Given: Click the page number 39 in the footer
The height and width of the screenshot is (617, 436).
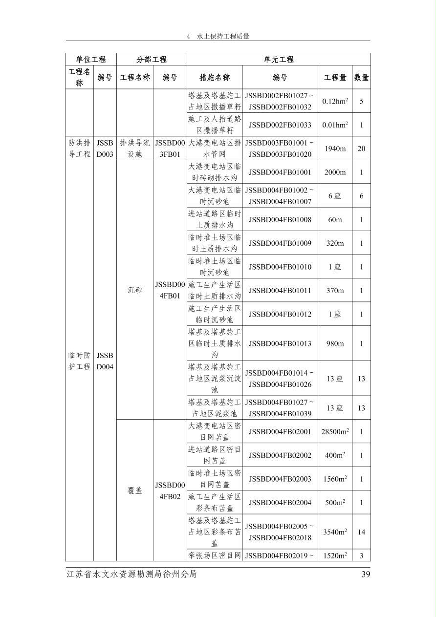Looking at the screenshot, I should coord(366,574).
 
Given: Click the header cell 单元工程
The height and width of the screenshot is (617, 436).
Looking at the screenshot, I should coord(279,59).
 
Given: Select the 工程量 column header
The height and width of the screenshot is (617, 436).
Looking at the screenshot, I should coord(335,77).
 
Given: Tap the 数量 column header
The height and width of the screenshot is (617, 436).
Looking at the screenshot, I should coord(361,77).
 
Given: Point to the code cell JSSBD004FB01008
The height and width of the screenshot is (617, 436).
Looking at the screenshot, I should coord(280,219).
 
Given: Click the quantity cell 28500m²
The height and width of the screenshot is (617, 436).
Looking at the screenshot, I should coord(335,432).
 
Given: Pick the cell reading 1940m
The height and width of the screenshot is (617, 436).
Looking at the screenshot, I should coord(335,149).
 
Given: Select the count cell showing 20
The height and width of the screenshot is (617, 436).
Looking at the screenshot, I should coord(361,149).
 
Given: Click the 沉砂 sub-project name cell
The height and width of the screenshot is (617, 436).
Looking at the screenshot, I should coord(135,290).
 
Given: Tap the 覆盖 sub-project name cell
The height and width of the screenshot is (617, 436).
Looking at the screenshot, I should coord(135,490).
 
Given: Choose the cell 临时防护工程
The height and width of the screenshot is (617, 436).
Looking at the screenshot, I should coord(79,361).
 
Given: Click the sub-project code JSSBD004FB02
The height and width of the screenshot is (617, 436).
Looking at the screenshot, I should coord(170,490).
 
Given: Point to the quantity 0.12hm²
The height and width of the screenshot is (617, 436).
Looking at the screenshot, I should coord(335,101).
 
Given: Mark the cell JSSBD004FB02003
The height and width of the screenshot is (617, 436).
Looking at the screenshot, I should coord(280,479).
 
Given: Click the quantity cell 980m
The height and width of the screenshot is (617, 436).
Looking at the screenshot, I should coord(335,343).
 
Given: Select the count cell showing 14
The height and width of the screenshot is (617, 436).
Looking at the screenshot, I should coord(361,532).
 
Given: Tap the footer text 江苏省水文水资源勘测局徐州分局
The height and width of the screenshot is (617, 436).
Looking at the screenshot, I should coord(131,574).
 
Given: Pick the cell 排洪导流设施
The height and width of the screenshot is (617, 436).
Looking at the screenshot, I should coord(135,149).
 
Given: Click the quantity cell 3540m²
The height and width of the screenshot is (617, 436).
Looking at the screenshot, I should coord(335,532).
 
